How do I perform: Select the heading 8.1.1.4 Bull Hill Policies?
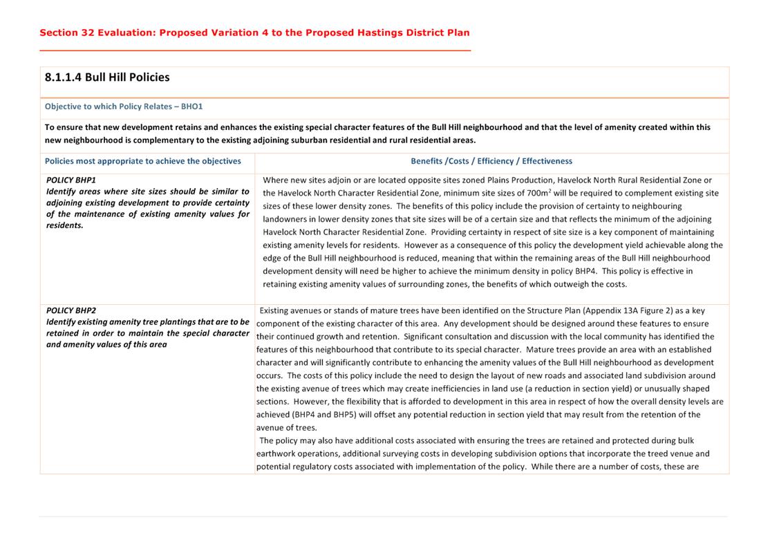(107, 77)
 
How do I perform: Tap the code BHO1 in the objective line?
(191, 106)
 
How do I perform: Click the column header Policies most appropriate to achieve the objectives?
(143, 161)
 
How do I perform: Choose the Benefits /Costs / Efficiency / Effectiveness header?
(491, 161)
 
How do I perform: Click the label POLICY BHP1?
(71, 180)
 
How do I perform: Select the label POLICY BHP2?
(71, 310)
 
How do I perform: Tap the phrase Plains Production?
(518, 180)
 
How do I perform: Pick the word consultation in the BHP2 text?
(437, 336)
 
